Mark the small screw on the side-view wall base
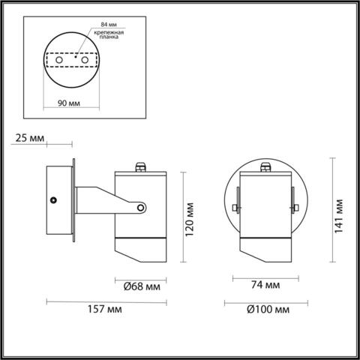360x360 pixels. click(54, 200)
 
